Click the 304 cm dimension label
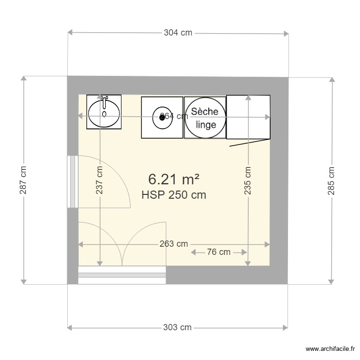[178, 33]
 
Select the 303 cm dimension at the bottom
[177, 327]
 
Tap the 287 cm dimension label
[23, 180]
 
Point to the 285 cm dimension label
[331, 180]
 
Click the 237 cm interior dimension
[99, 180]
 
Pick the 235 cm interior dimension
[248, 180]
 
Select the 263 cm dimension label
[173, 244]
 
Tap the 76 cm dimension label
[219, 252]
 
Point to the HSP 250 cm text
[174, 195]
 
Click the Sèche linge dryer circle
[205, 118]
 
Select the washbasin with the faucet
[104, 112]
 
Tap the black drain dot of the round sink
[161, 117]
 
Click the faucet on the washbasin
[104, 102]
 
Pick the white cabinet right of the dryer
[248, 117]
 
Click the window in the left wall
[72, 181]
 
